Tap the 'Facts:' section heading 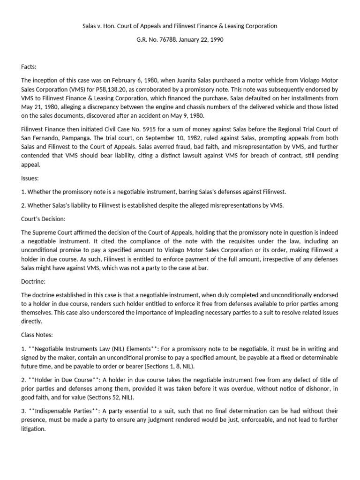coord(29,67)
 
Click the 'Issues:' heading coord(30,179)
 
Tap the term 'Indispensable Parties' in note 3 coord(66,411)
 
